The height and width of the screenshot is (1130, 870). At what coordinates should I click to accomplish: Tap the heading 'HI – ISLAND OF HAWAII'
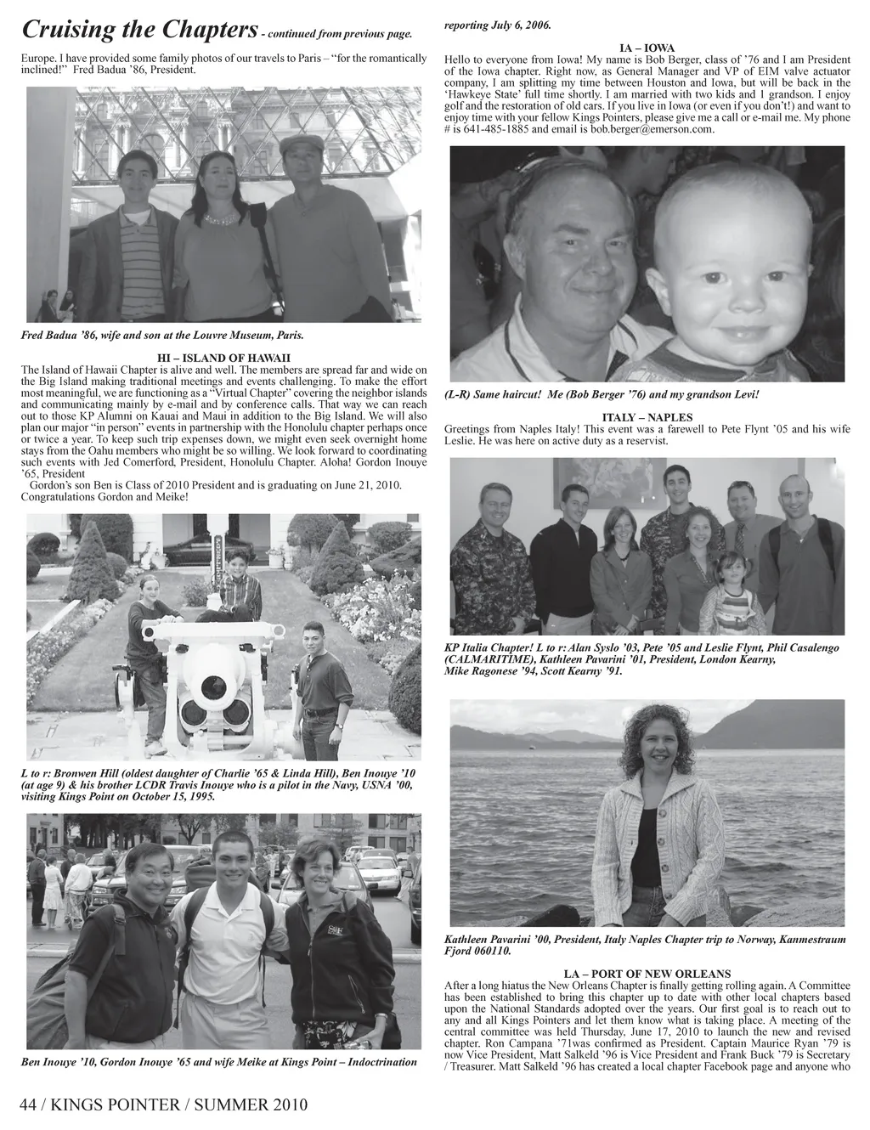click(x=224, y=358)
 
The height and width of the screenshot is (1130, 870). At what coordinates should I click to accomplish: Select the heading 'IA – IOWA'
click(x=647, y=48)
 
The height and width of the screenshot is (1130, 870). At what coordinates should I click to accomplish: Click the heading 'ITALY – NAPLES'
click(x=647, y=418)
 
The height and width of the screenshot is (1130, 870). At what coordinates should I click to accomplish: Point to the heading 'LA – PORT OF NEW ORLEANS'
click(x=647, y=974)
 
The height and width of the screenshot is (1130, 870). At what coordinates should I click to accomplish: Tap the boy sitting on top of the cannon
click(x=236, y=586)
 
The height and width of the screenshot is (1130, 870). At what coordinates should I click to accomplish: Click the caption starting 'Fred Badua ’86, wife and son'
click(x=161, y=336)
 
